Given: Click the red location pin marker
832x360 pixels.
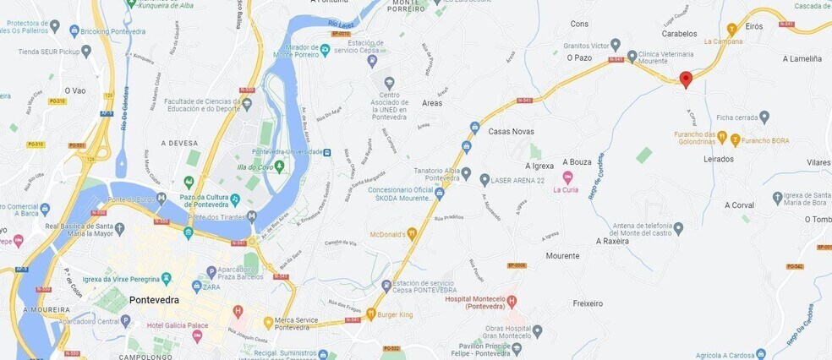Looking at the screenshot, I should [686, 79].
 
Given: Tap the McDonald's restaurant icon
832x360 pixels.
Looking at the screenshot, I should [412, 234].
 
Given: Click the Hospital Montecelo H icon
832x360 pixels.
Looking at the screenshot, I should [511, 301].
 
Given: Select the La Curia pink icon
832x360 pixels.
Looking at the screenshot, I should [567, 177].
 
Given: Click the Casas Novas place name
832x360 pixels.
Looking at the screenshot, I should [512, 131].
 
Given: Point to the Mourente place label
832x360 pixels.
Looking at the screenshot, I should [562, 255].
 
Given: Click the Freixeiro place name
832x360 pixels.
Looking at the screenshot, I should [588, 303].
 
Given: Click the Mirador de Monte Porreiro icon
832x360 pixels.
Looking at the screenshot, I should [325, 50].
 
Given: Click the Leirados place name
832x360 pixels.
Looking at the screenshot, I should [717, 158].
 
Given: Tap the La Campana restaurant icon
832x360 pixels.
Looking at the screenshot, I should [731, 29].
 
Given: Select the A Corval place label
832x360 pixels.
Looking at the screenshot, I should [738, 205].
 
